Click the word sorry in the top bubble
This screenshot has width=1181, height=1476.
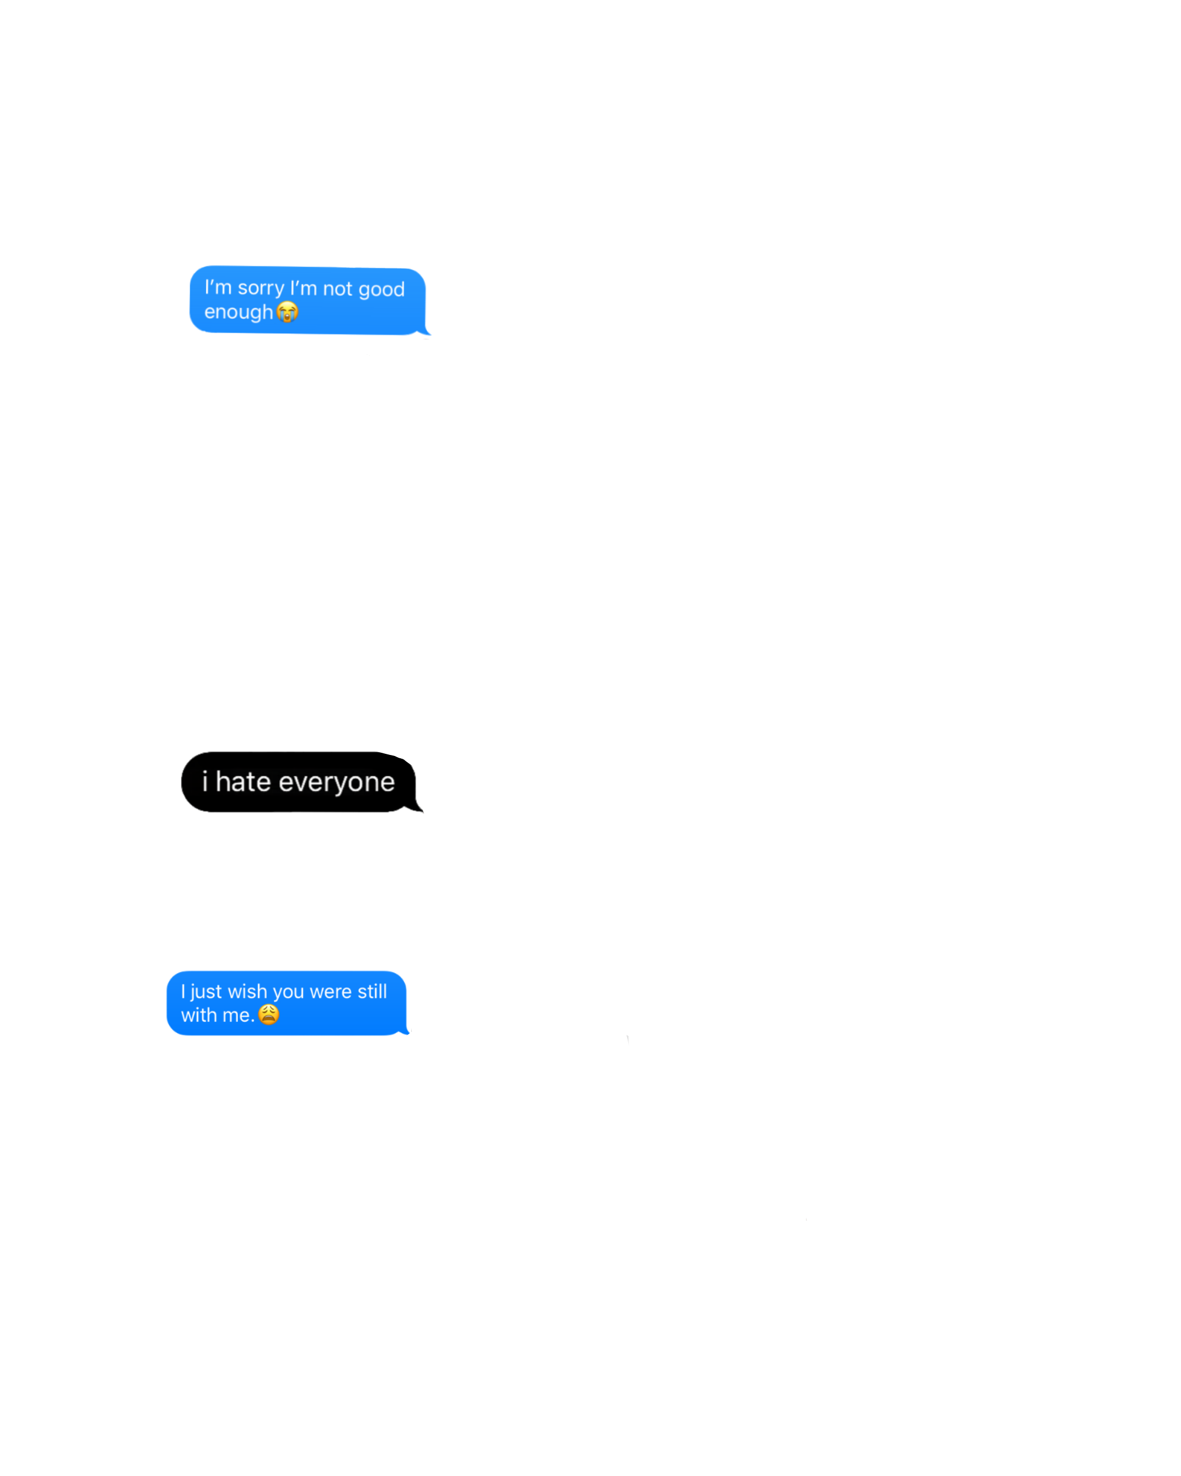(x=260, y=288)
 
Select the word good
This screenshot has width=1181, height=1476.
(x=381, y=290)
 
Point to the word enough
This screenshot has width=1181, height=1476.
(x=238, y=312)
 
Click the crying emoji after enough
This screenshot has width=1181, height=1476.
(x=288, y=312)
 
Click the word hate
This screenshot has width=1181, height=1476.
(x=243, y=782)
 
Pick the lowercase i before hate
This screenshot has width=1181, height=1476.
(x=204, y=781)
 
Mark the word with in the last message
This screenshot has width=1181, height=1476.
(x=198, y=1015)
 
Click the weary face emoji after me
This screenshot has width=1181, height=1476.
(x=269, y=1014)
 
